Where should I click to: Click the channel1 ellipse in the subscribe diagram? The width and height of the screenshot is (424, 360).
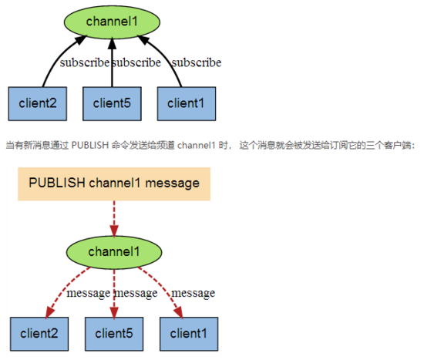112,22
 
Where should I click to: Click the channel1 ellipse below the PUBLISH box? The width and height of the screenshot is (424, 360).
114,252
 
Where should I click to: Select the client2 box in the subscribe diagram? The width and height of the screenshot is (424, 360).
38,103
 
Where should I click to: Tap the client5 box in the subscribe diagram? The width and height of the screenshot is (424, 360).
112,103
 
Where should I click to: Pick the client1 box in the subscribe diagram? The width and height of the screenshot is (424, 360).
187,103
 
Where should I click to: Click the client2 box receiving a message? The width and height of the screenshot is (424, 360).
39,334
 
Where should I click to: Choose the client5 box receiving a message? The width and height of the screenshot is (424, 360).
114,334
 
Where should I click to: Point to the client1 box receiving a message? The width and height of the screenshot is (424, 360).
189,334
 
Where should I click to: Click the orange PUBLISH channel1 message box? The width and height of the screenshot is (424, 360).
114,184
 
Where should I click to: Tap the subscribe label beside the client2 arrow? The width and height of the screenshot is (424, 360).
85,62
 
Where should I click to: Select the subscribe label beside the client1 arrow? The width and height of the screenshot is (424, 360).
197,62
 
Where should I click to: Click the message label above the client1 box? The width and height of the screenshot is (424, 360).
193,293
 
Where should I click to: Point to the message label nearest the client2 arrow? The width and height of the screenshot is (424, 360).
89,293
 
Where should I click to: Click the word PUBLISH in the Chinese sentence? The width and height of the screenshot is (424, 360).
89,145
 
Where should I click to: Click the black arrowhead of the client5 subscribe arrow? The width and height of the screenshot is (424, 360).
112,44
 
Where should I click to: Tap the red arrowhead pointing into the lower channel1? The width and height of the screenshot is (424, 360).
114,230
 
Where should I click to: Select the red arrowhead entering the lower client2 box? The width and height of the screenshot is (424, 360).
50,312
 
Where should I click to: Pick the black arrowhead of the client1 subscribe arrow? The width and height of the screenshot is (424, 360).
143,39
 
